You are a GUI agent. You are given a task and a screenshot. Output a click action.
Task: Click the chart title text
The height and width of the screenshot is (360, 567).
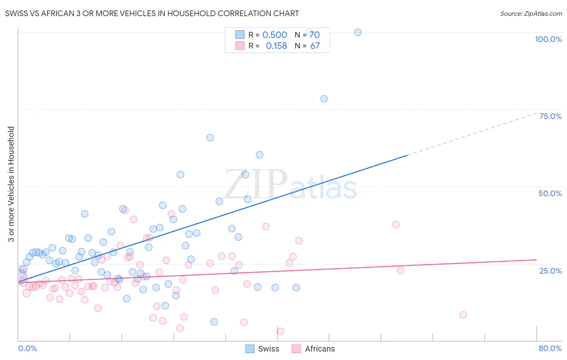pos(152,13)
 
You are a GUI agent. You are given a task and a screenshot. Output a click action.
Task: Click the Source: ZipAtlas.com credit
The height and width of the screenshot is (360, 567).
pos(531,13)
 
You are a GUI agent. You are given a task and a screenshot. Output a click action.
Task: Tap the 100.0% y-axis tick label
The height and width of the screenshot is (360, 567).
pos(548,39)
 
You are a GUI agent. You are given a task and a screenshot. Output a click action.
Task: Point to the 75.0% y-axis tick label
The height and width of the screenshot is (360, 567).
pos(550,116)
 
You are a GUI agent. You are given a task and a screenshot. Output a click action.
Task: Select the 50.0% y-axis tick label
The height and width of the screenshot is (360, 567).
pos(550,193)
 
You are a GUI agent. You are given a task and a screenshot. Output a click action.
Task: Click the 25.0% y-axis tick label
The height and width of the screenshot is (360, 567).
pos(550,271)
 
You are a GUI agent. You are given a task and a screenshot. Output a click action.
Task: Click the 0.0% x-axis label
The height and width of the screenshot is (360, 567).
pos(27,348)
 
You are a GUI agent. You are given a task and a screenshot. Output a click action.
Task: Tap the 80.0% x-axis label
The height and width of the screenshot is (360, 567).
pos(550,348)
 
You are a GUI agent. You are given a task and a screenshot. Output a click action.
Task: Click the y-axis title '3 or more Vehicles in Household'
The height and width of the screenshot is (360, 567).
pos(11,184)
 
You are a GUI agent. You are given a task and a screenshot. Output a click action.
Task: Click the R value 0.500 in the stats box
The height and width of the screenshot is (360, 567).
pos(275,35)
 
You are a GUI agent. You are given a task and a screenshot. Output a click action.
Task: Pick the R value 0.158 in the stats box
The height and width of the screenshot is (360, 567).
pos(276,46)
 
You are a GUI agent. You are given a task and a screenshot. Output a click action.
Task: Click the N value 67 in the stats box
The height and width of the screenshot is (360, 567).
pos(315,46)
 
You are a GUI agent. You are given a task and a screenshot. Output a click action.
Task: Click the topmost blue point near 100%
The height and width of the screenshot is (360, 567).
pos(358,32)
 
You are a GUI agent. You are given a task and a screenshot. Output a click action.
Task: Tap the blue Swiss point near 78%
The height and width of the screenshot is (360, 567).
pos(324,99)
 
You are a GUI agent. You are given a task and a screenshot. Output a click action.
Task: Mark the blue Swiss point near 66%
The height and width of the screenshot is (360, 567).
pos(210,138)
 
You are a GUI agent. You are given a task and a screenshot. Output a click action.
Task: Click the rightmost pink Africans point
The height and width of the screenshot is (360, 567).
pos(463,315)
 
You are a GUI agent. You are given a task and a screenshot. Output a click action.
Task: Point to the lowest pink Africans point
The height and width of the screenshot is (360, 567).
pos(280,331)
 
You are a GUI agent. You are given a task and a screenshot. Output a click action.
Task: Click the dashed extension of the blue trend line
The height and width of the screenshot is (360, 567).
pos(472,135)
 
